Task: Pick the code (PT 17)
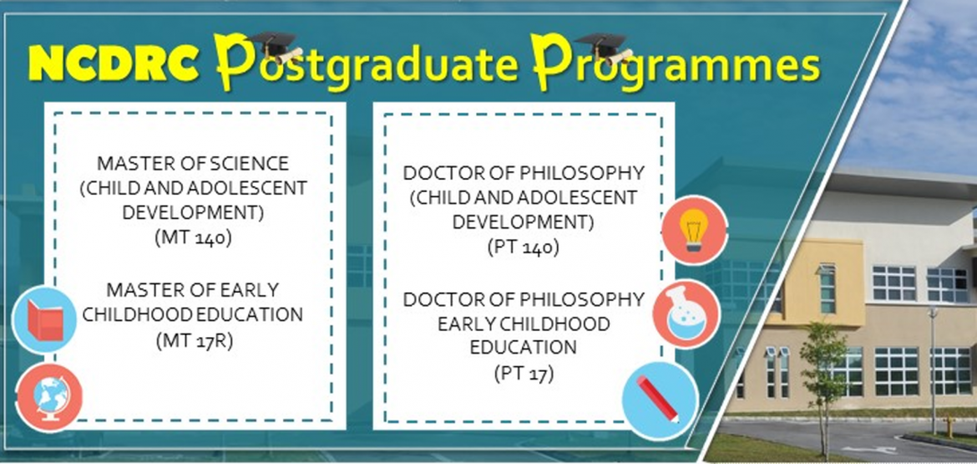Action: (x=523, y=373)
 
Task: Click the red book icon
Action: (x=43, y=320)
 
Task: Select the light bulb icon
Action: (x=694, y=229)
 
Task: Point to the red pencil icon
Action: (x=660, y=400)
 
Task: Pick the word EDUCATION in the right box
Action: (x=523, y=347)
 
